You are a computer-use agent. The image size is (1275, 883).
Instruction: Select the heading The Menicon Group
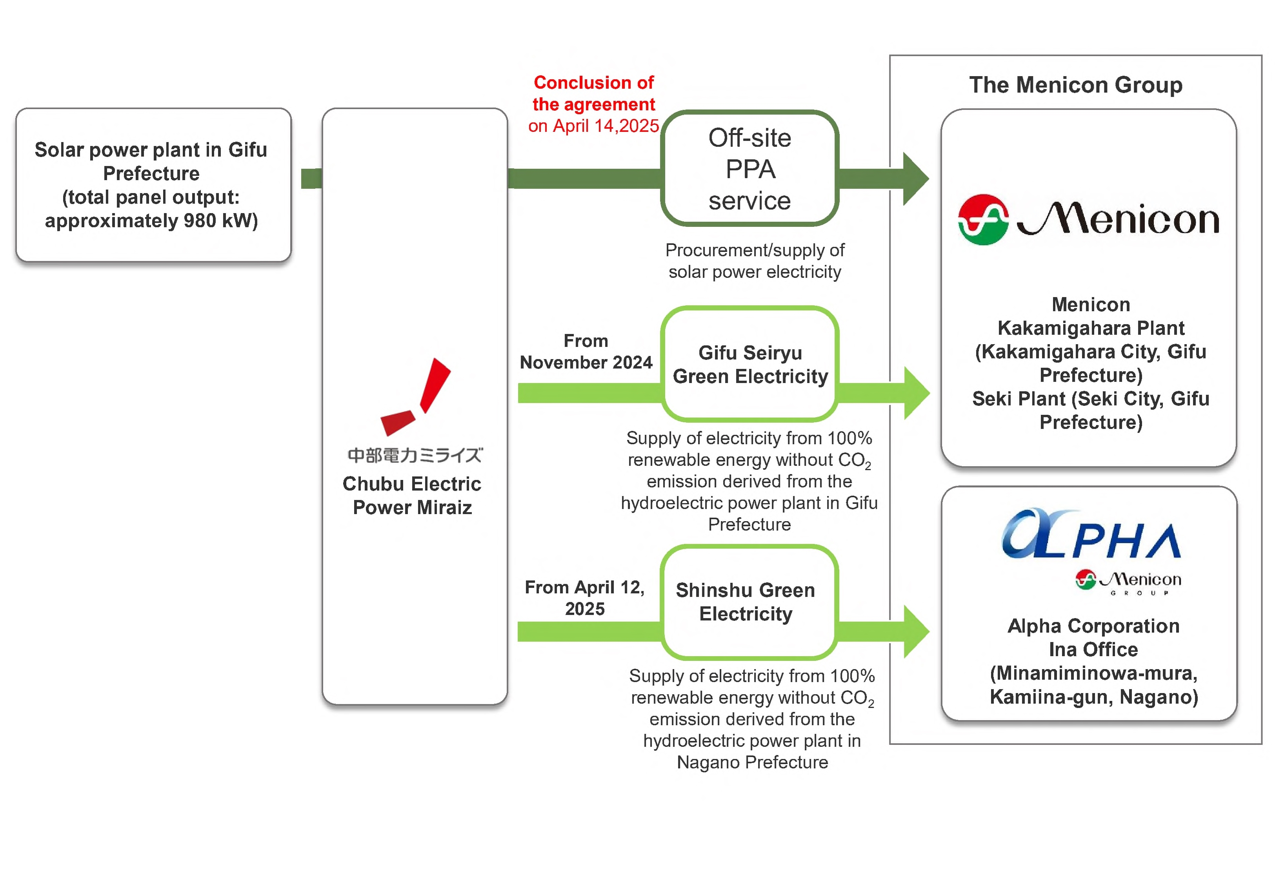tap(1075, 85)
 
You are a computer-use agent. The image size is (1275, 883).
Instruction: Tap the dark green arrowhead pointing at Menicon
tap(915, 179)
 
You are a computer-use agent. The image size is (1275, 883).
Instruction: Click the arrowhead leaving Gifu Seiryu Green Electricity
tap(916, 393)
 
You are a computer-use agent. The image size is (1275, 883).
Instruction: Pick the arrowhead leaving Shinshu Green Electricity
tap(916, 631)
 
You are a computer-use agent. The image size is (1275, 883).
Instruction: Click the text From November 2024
tap(586, 351)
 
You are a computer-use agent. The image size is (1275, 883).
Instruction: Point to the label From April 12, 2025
tap(584, 598)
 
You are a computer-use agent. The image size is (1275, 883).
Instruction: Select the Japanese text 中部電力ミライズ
tap(415, 455)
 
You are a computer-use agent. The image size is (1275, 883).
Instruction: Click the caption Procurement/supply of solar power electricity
tap(755, 261)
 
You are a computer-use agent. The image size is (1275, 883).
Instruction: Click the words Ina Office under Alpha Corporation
tap(1093, 649)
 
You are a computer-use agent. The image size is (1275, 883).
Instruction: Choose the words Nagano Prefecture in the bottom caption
tap(752, 763)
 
